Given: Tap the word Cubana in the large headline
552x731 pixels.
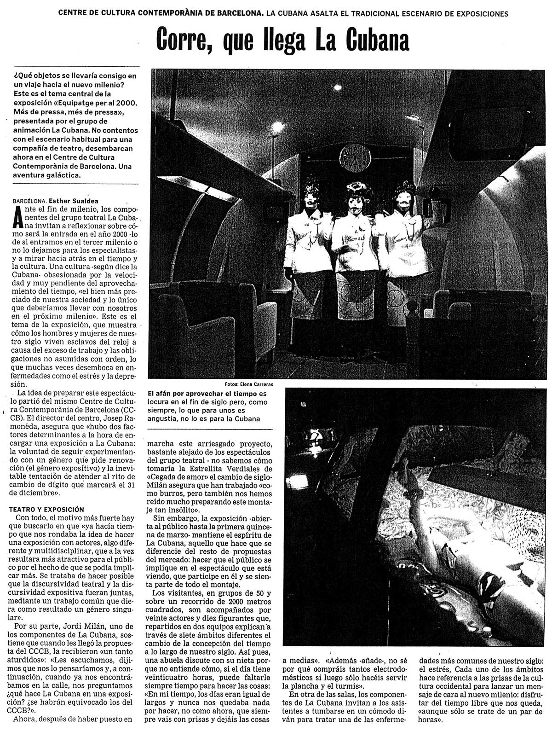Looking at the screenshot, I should coord(370,39).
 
